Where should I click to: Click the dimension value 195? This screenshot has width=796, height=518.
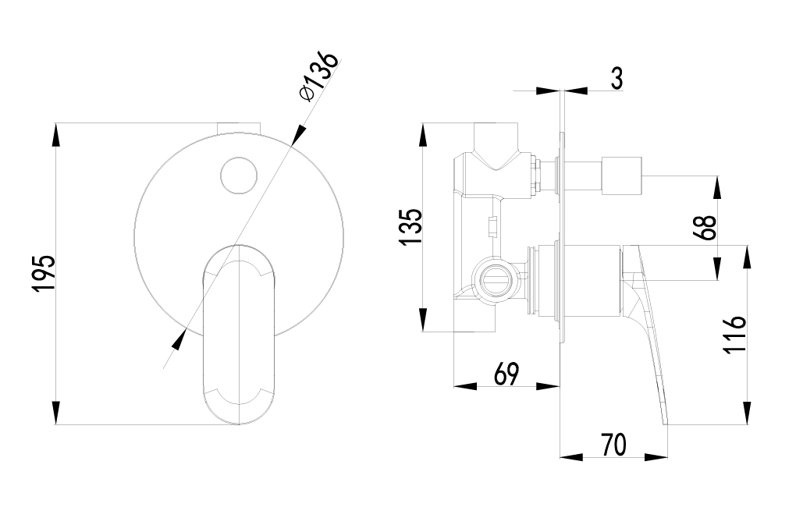click(x=43, y=273)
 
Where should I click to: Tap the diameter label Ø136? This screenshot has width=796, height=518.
click(x=318, y=76)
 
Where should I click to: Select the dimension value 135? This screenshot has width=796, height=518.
click(x=410, y=227)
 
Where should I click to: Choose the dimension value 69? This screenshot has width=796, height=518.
click(x=506, y=374)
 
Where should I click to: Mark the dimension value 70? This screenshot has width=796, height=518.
click(x=614, y=445)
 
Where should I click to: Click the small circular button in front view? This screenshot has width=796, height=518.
click(x=239, y=176)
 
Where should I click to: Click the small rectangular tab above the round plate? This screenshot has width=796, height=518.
click(x=238, y=127)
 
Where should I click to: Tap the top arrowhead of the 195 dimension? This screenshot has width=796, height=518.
click(x=56, y=134)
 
